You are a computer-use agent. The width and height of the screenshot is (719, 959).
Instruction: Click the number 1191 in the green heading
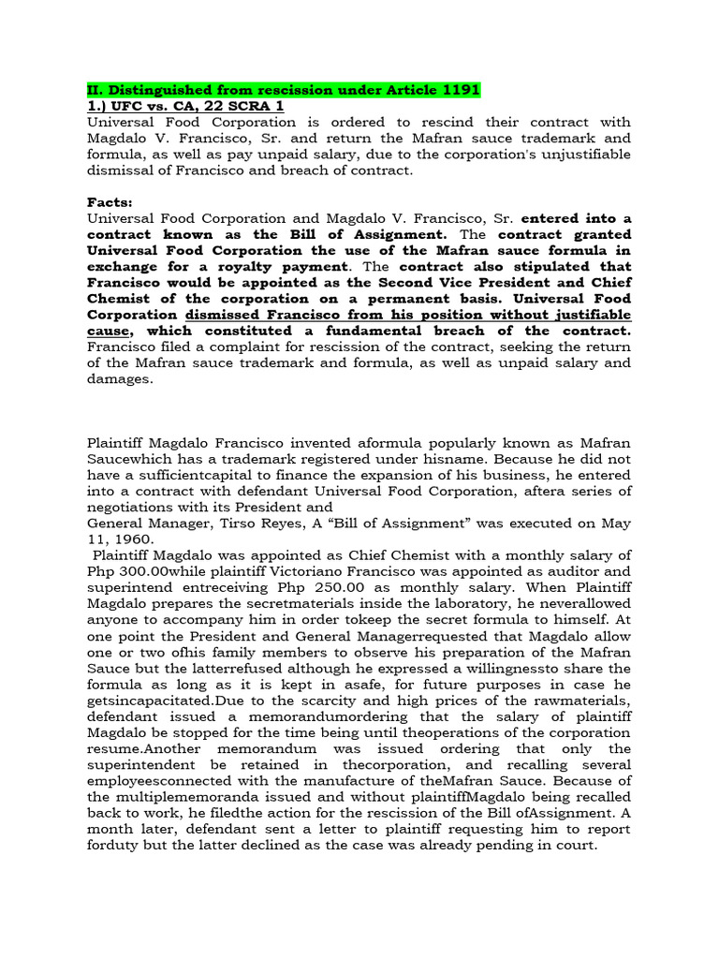pos(457,90)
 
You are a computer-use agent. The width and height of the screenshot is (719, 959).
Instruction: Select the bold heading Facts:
pos(111,201)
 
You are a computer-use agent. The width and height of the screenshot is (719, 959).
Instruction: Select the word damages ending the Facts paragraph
pos(118,378)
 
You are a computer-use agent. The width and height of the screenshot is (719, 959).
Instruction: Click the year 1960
pos(130,539)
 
